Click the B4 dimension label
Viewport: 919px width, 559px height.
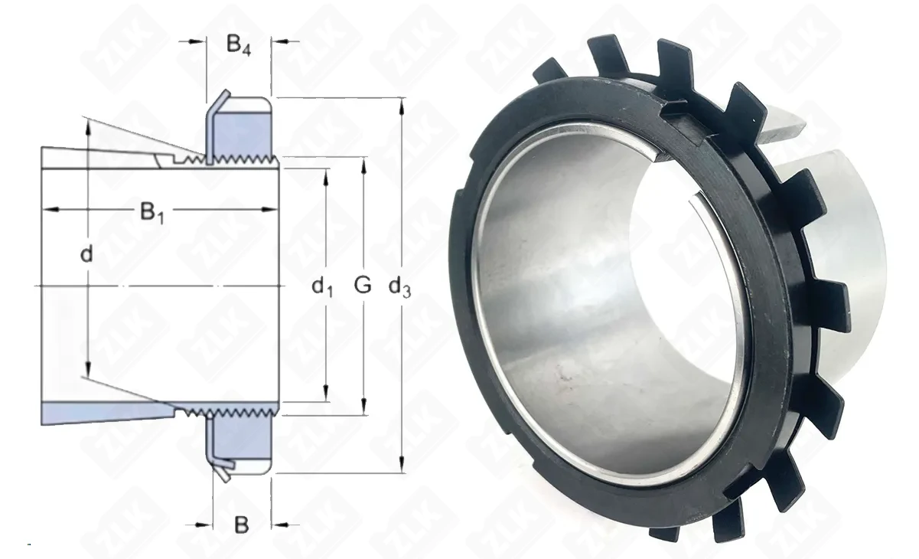239,45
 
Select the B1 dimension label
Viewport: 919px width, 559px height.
152,213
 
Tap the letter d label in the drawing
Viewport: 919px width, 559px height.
86,253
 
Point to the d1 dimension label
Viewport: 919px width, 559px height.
322,286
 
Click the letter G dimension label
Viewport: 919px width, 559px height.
362,285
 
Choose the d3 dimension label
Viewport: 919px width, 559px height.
399,286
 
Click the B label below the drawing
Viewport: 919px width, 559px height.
241,525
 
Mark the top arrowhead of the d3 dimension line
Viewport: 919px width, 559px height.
402,106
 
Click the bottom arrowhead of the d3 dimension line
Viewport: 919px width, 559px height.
402,465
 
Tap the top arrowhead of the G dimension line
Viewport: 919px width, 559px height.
363,165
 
